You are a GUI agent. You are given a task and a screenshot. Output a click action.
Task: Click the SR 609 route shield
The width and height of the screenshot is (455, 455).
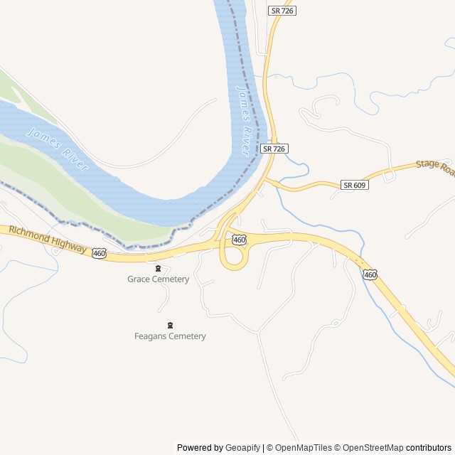(353, 185)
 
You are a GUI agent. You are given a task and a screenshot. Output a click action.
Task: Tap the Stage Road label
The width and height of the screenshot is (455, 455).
(434, 166)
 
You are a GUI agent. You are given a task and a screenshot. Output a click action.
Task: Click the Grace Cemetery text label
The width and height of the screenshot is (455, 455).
(158, 279)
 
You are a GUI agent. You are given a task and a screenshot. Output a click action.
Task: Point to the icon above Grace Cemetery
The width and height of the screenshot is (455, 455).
(158, 268)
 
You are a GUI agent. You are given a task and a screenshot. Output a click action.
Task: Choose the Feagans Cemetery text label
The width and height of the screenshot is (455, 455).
(170, 336)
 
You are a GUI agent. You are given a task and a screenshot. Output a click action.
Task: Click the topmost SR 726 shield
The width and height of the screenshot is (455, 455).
(282, 11)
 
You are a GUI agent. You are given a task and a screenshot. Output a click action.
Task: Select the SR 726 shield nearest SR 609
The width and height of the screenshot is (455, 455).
(274, 149)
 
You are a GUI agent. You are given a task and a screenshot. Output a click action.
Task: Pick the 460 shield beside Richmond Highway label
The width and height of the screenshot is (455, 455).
(99, 252)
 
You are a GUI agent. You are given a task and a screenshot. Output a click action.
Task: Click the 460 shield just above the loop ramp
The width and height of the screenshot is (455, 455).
(239, 240)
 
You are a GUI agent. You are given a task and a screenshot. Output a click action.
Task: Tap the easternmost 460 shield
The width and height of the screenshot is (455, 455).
(369, 274)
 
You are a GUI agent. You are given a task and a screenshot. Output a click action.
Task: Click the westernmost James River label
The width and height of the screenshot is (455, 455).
(57, 149)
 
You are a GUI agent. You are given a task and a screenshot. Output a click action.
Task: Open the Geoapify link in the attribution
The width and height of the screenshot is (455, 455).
(243, 448)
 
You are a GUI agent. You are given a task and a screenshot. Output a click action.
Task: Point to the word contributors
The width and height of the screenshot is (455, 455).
(429, 448)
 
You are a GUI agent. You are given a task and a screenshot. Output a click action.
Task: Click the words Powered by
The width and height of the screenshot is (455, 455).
(200, 448)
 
